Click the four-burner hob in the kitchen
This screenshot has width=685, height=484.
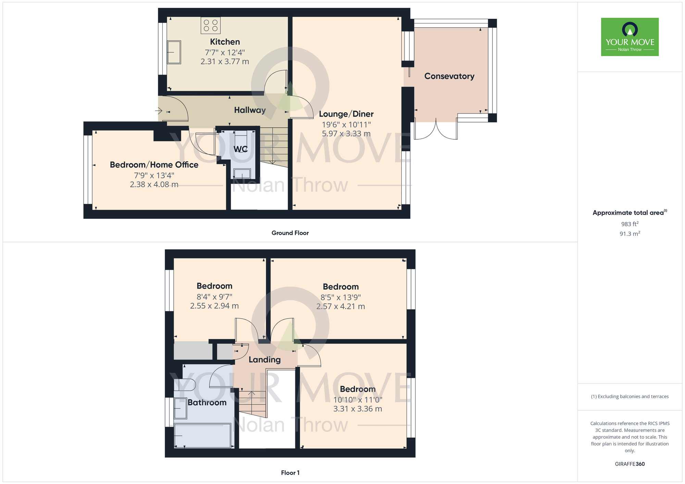coord(210,26)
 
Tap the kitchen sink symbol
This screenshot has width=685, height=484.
coord(174,52)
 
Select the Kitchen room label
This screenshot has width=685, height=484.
coord(225,42)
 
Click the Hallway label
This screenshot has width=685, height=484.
coord(250,110)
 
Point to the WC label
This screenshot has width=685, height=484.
coord(240,149)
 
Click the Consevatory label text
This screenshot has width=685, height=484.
coord(449,76)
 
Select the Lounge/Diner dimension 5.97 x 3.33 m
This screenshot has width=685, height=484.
coord(346,133)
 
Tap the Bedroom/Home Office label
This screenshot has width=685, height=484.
coord(154,165)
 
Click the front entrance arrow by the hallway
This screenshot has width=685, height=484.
coord(158,111)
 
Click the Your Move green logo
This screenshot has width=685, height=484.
coord(630,37)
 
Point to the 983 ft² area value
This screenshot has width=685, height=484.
coord(630,224)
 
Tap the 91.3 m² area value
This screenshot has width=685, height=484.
coord(630,233)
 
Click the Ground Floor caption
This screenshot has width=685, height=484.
coord(290,233)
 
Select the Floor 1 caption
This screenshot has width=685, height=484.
coord(290,473)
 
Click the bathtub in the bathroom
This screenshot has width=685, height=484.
coord(203,435)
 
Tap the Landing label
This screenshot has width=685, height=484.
coord(264,359)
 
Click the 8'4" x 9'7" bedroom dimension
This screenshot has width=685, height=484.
coord(214,297)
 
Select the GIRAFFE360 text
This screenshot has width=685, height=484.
coord(630,464)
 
